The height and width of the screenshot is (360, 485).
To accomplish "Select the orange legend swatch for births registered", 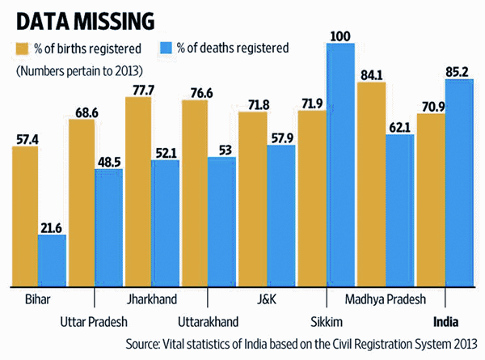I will point(23,49).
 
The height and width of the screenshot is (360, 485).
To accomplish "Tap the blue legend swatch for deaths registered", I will point(162,49).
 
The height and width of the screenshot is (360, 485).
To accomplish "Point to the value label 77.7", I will point(139,89).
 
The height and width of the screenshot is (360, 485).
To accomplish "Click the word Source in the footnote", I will point(144,343).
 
